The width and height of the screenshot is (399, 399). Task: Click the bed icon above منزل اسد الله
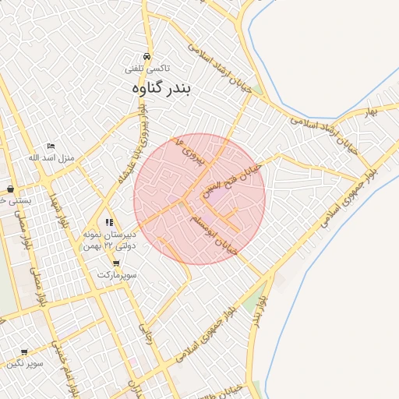pos(51,146)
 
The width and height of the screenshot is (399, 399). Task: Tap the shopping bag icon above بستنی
pos(10,189)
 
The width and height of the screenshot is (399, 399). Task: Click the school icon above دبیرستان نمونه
pos(109,223)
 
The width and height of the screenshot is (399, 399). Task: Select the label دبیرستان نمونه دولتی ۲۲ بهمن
pos(109,240)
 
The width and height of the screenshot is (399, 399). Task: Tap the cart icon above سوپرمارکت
pos(116,263)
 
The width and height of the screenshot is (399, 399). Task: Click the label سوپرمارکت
pos(117,275)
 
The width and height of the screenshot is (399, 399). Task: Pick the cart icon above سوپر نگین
pos(24,352)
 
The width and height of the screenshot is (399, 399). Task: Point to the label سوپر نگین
pos(25,363)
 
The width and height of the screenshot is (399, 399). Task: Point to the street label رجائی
pos(145,334)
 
